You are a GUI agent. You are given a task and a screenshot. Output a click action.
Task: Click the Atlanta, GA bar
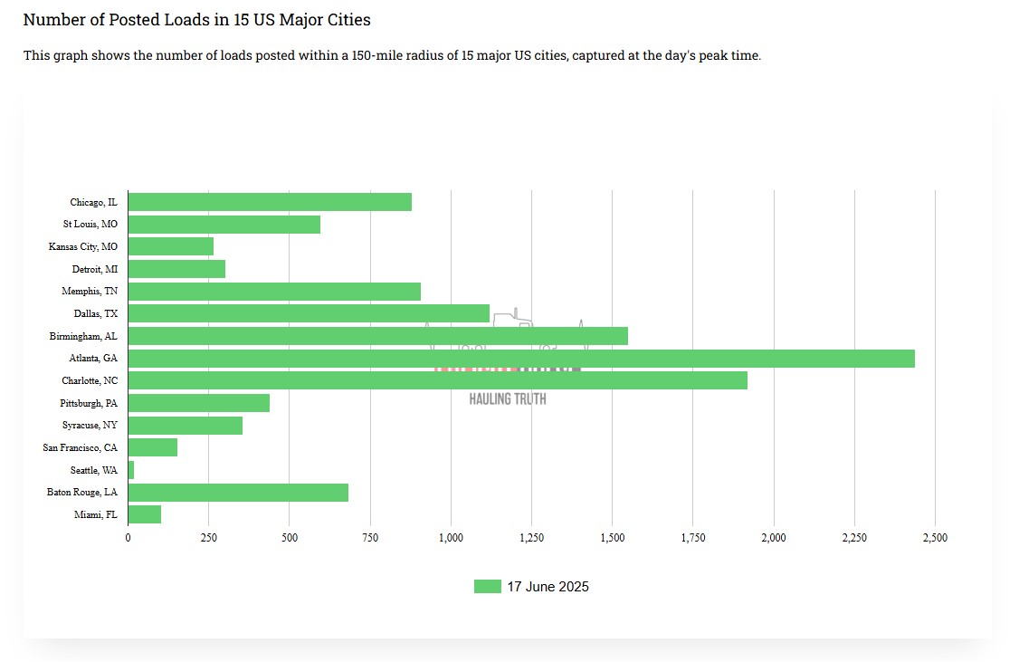[521, 359]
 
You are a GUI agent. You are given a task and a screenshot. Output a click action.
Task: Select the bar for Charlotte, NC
[438, 380]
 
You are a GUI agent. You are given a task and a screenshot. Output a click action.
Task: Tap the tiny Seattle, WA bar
[131, 470]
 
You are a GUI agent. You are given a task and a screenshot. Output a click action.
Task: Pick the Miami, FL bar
[145, 514]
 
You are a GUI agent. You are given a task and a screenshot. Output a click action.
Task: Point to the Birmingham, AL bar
[378, 336]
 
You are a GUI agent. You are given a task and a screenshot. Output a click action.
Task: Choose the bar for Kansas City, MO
[171, 246]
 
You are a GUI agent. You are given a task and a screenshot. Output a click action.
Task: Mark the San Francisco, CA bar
[153, 447]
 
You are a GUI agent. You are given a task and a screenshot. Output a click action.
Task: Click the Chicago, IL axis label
[93, 202]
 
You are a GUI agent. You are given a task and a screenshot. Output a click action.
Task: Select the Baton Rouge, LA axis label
[82, 493]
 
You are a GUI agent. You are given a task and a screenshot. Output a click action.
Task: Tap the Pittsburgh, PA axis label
[89, 403]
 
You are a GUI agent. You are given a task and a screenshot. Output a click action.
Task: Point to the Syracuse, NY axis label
[90, 426]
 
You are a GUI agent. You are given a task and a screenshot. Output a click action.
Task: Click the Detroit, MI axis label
[95, 269]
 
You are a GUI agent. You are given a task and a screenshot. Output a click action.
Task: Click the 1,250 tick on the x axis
[531, 538]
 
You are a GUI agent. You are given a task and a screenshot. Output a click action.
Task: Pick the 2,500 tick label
[935, 538]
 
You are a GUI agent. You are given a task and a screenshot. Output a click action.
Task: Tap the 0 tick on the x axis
[129, 538]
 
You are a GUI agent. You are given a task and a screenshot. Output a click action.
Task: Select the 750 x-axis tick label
[370, 538]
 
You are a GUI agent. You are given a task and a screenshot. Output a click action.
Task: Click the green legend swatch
[487, 587]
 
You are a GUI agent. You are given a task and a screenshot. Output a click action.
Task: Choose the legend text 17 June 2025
[548, 587]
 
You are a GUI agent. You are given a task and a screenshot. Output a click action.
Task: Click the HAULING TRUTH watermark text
[508, 398]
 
